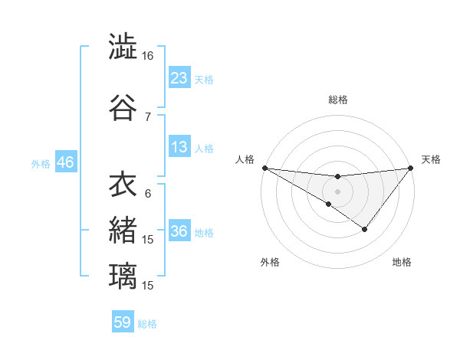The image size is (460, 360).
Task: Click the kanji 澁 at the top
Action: [122, 47]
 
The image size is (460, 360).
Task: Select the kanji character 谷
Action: [122, 107]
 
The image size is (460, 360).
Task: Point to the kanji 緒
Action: [122, 230]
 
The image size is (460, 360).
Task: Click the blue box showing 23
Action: [179, 77]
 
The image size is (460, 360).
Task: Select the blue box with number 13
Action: [179, 147]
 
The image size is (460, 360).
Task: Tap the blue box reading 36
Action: [179, 231]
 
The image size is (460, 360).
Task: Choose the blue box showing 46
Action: [65, 162]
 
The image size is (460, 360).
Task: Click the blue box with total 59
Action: [123, 322]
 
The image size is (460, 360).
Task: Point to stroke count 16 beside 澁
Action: [147, 56]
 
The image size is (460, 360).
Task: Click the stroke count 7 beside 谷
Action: [148, 116]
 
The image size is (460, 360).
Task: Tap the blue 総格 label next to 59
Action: [147, 324]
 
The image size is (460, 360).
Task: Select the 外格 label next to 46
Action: [40, 163]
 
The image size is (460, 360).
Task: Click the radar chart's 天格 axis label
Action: [431, 159]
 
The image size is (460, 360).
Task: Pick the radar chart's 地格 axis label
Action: [402, 262]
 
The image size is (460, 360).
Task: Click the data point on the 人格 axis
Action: [264, 167]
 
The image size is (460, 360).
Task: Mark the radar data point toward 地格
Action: [365, 228]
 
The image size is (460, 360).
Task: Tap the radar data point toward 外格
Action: [329, 204]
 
